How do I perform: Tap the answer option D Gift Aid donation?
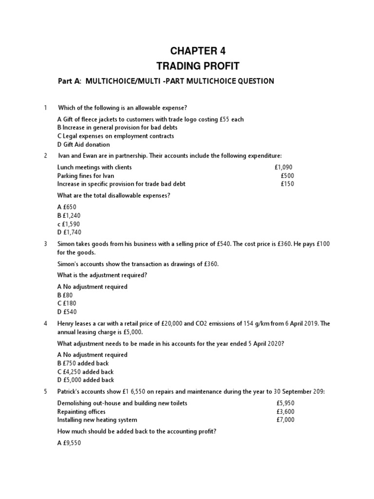(x=83, y=144)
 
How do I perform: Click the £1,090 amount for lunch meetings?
(x=284, y=167)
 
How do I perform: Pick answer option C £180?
(x=68, y=303)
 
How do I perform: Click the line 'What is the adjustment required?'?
(x=102, y=275)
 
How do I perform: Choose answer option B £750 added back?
(x=83, y=363)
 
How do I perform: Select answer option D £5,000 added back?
(x=85, y=380)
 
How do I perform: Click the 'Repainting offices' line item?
(x=81, y=411)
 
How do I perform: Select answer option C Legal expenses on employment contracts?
(x=115, y=136)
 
